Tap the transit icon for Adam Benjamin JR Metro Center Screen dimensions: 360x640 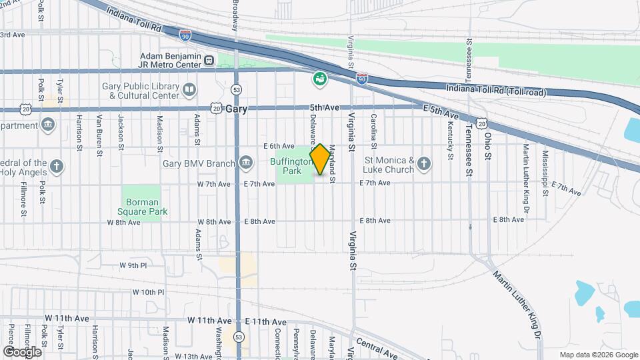coord(210,61)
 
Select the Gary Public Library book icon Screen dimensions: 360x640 coord(189,89)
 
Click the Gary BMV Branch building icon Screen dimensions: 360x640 coord(245,163)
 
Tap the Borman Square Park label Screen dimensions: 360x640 coord(141,207)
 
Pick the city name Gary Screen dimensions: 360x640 coord(237,109)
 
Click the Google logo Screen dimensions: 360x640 coord(22,351)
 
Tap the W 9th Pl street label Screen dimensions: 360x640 coord(133,265)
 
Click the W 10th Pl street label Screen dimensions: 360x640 coord(148,292)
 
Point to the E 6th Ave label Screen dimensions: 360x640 coord(279,146)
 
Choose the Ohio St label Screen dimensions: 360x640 coord(489,144)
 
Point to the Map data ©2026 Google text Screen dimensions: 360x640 coord(597,354)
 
